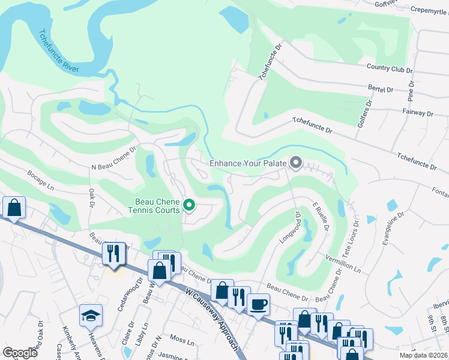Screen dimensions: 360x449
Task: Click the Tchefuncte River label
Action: click(x=58, y=52)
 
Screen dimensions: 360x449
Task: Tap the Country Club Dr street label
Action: click(x=390, y=70)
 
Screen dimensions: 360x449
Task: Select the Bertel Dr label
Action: click(x=381, y=89)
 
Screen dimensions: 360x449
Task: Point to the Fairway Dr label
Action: click(x=418, y=113)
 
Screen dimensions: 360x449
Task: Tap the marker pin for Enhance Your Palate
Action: click(x=295, y=163)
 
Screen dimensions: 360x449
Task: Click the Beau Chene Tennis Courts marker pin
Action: click(x=189, y=206)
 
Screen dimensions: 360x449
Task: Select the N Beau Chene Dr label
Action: click(x=114, y=161)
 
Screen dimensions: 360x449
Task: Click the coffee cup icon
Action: click(x=258, y=304)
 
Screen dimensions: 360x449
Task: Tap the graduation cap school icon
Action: click(x=91, y=315)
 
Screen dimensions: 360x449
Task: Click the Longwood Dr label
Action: click(x=294, y=226)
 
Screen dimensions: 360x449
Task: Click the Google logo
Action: click(x=20, y=353)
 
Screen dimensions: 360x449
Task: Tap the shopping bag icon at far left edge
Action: click(x=13, y=208)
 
